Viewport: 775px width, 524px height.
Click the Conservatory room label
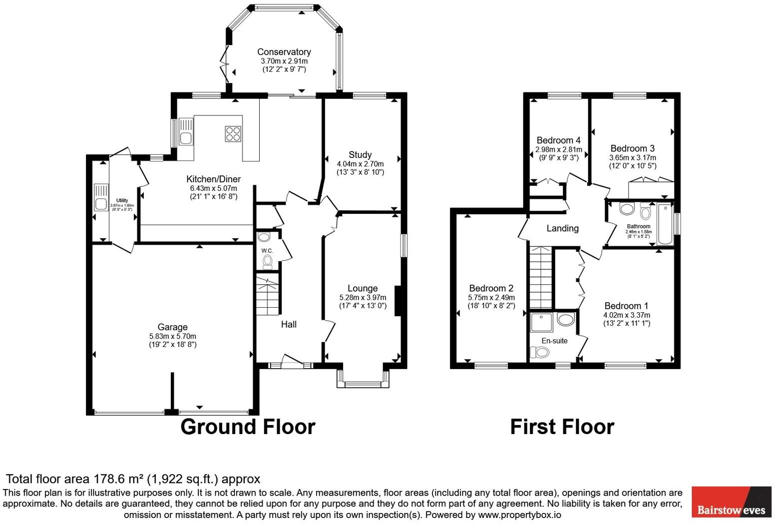point(284,52)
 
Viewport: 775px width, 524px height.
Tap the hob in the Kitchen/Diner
point(233,133)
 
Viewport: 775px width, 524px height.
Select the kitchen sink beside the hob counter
point(186,132)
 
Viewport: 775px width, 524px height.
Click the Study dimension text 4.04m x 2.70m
point(360,164)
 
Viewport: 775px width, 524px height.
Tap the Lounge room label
point(363,288)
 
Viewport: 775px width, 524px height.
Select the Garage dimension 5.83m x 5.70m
point(172,336)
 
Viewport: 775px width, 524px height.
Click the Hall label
point(289,324)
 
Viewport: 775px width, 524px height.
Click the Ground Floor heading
point(248,427)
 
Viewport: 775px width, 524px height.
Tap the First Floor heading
point(562,427)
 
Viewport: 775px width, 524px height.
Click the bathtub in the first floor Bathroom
point(665,224)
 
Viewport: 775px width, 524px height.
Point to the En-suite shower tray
point(541,322)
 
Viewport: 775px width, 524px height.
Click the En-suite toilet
point(540,352)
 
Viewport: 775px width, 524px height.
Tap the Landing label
point(562,228)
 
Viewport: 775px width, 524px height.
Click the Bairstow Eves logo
point(731,502)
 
